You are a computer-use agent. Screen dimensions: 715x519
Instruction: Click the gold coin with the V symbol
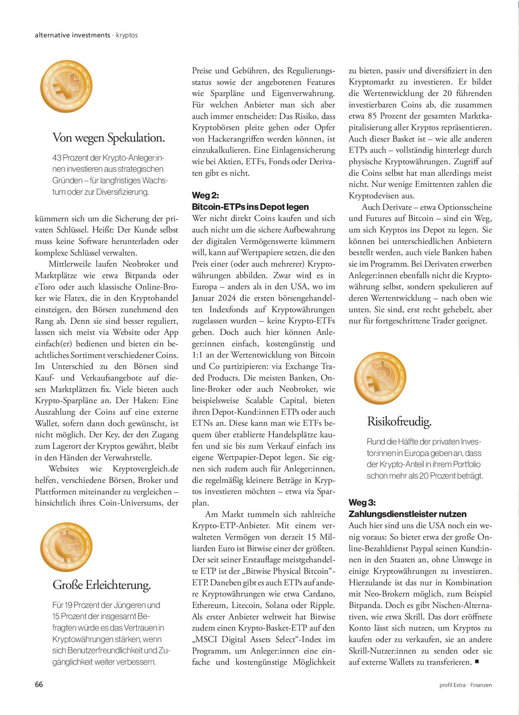point(66,86)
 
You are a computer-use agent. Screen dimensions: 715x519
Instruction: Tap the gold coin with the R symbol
point(380,378)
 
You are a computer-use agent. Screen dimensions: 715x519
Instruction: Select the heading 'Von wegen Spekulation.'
point(109,138)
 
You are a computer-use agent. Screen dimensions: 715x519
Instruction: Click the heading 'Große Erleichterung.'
point(101,585)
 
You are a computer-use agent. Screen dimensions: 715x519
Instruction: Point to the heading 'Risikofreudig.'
point(399,421)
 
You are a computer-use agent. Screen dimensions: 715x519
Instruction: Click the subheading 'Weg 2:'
point(205,195)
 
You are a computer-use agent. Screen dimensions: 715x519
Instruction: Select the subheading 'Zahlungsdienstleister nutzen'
point(407,514)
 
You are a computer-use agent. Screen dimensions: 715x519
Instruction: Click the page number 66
point(39,684)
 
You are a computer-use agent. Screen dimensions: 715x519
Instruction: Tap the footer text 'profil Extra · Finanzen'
point(465,685)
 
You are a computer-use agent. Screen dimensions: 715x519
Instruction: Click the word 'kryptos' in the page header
point(127,35)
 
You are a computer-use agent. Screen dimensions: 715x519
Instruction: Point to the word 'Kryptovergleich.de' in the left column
point(145,469)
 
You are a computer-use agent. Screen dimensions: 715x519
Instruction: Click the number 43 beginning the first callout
point(56,158)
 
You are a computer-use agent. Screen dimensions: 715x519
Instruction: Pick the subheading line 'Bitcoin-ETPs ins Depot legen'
point(250,207)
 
